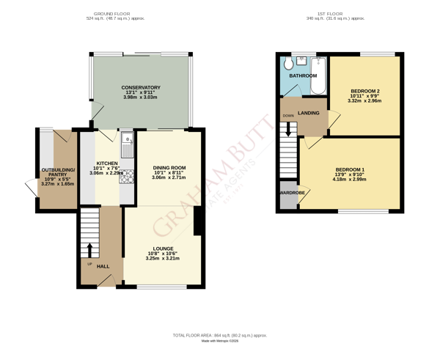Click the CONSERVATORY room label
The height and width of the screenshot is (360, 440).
coord(141,88)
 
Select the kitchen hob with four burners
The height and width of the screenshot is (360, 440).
coord(125,176)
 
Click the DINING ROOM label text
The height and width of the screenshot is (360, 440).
coord(169,168)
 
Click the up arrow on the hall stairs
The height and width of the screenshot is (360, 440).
coord(90,249)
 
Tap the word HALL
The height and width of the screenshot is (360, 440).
coord(103,266)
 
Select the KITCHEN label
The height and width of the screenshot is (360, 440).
coord(107,164)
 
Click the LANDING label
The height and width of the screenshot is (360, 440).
coord(308,113)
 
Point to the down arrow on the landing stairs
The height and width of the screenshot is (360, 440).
coord(288,129)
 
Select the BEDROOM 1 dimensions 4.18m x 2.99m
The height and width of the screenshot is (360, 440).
coord(349,179)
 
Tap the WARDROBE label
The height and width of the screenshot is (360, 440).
coord(289,194)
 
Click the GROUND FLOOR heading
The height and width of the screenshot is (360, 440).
coord(111,14)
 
